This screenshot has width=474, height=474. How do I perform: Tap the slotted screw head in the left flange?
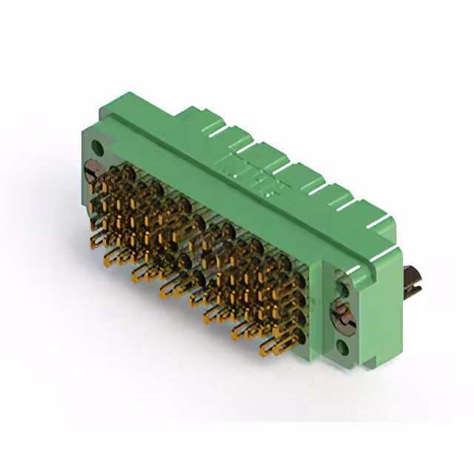(92, 170)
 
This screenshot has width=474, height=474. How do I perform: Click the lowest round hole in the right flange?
(342, 345)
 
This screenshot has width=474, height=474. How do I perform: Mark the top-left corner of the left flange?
(83, 130)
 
